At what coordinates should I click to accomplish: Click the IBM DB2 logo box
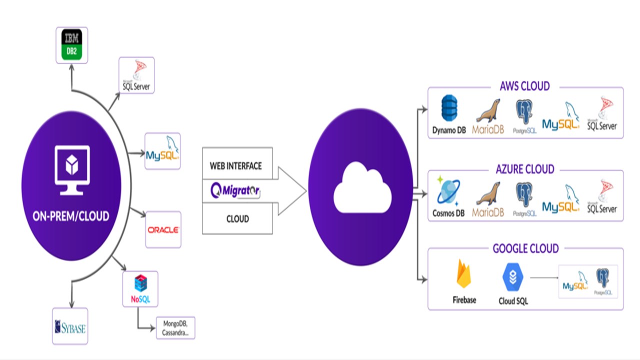71,45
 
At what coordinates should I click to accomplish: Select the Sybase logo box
70,326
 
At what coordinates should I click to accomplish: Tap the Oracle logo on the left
163,230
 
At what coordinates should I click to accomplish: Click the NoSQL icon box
140,289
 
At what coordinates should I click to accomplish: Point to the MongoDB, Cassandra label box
175,328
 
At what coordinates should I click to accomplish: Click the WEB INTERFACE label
235,165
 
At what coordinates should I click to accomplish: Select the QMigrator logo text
235,190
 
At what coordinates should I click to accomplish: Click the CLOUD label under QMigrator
237,219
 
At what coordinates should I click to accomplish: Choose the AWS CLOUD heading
524,86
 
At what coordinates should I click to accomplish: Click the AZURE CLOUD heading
525,169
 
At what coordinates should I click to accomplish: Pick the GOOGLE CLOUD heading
525,248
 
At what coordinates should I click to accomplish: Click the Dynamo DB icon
449,109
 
